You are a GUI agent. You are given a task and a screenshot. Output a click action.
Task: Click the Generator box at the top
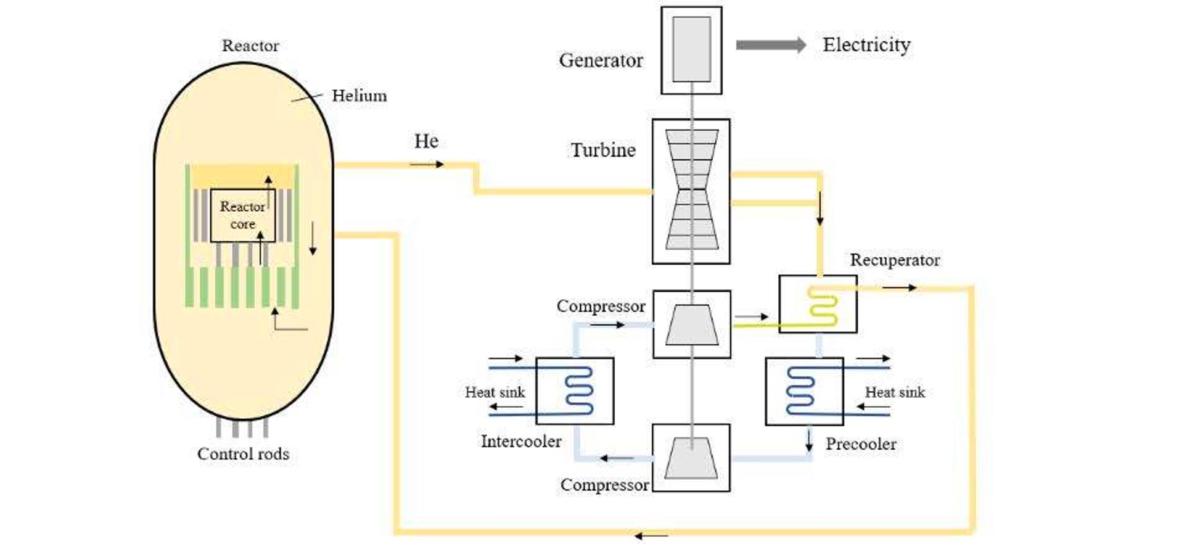tap(691, 50)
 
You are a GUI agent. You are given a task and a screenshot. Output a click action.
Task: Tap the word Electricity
tap(866, 45)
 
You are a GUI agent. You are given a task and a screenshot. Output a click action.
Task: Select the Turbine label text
tap(602, 150)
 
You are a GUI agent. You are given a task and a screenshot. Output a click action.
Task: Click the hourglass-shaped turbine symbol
tap(691, 189)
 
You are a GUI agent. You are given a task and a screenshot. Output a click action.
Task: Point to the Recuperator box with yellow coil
tap(818, 304)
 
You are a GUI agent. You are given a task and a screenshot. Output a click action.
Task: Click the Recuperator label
tap(895, 260)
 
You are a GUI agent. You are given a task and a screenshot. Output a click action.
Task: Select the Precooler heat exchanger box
tap(804, 391)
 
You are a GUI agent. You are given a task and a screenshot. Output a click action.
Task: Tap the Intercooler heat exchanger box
tap(575, 391)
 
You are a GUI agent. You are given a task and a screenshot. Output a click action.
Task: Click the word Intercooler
tap(521, 442)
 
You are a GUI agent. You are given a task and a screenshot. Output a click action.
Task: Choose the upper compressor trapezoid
tap(691, 324)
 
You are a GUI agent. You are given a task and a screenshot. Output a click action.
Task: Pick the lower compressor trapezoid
tap(691, 458)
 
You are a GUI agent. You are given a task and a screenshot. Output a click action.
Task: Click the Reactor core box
tap(242, 215)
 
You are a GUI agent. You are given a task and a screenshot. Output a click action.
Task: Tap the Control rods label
tap(243, 454)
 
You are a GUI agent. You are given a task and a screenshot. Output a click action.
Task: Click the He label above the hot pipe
tap(426, 141)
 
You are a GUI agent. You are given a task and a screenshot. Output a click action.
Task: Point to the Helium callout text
tap(360, 96)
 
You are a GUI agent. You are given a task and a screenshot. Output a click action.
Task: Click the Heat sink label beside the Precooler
tap(895, 392)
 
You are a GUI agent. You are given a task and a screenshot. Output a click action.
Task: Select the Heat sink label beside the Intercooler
tap(495, 392)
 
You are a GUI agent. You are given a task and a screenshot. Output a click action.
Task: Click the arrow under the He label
tap(426, 164)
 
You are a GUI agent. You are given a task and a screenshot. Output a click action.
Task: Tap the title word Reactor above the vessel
tap(250, 46)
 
